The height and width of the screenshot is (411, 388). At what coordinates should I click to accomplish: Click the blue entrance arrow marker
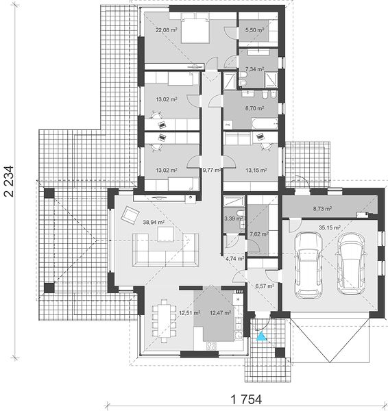tap(261, 336)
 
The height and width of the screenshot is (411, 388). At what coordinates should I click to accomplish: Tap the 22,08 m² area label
tap(167, 30)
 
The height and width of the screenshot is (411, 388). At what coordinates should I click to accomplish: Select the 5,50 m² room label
tap(254, 30)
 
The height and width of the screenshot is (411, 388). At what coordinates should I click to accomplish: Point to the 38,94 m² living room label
tap(154, 222)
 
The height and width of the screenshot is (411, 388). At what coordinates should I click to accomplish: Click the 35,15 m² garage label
tap(330, 227)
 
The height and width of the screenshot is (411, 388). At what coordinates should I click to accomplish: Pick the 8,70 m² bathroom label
tap(254, 108)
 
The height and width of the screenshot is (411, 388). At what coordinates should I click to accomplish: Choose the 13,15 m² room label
tap(256, 170)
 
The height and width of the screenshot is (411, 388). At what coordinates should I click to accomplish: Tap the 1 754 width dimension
tap(246, 400)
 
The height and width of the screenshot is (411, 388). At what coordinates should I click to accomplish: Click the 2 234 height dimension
tap(9, 181)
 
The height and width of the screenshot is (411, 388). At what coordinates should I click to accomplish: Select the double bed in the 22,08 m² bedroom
tap(195, 28)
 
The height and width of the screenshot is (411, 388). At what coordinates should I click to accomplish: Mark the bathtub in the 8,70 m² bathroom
tap(265, 124)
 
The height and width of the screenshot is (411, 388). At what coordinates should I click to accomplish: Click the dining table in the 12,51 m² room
tap(165, 321)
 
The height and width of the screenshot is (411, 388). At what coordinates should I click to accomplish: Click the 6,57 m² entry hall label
tap(265, 286)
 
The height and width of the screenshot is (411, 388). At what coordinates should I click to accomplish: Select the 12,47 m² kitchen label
tap(220, 312)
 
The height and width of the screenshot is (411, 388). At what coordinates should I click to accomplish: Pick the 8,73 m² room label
tap(322, 209)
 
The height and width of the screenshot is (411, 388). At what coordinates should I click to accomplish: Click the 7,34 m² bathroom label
tap(254, 69)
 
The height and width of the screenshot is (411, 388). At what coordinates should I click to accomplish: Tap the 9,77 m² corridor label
tap(211, 170)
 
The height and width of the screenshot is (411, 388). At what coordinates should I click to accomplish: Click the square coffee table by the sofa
tap(165, 234)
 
